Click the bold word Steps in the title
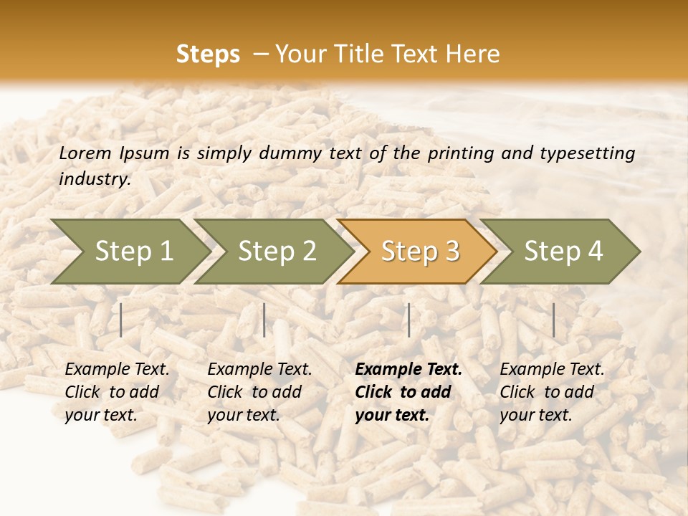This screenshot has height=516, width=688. (208, 54)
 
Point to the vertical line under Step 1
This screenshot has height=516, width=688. (121, 320)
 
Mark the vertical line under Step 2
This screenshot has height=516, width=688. (264, 320)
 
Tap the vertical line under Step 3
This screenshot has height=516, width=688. (408, 320)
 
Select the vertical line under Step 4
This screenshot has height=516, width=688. (553, 320)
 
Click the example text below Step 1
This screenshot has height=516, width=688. (117, 392)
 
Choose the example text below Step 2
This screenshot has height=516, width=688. (259, 392)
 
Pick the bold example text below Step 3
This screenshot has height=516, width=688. (408, 392)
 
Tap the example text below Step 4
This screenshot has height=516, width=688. (552, 392)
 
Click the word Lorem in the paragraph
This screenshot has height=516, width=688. (85, 153)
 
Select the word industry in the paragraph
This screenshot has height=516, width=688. (95, 179)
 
